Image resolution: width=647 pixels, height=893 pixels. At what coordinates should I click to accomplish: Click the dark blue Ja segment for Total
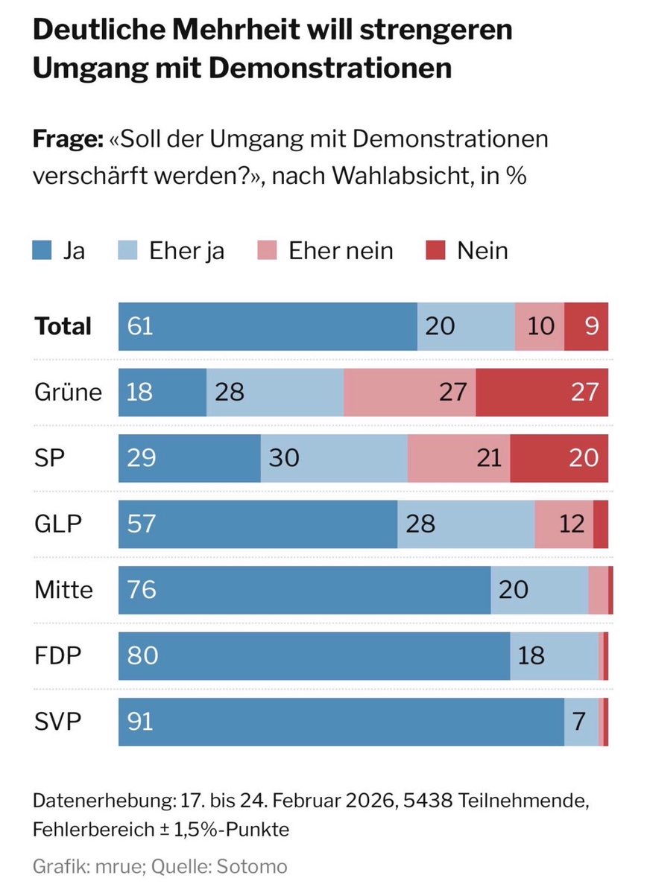(x=268, y=326)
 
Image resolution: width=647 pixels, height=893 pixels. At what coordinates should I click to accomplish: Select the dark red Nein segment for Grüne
(x=542, y=392)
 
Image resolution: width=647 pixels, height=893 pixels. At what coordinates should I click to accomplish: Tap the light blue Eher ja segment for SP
(x=334, y=457)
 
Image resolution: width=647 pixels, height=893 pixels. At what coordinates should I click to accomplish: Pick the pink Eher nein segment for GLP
(x=564, y=524)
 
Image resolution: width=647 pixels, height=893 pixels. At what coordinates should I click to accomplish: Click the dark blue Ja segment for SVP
(x=341, y=722)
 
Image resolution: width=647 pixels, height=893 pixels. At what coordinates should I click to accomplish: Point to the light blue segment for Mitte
(x=540, y=590)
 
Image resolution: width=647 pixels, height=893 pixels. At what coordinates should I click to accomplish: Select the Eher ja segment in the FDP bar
(x=555, y=655)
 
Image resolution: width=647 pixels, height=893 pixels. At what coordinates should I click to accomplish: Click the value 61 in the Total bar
(x=140, y=326)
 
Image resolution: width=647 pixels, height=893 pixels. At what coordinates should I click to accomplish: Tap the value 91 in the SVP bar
(x=140, y=722)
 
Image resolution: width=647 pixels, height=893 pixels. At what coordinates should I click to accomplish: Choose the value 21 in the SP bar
(x=488, y=457)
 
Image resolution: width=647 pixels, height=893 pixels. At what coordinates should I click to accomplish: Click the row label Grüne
(x=68, y=392)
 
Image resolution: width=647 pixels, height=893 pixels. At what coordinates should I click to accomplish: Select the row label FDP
(x=57, y=655)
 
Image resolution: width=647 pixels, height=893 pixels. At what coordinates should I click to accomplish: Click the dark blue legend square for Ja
(x=42, y=251)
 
